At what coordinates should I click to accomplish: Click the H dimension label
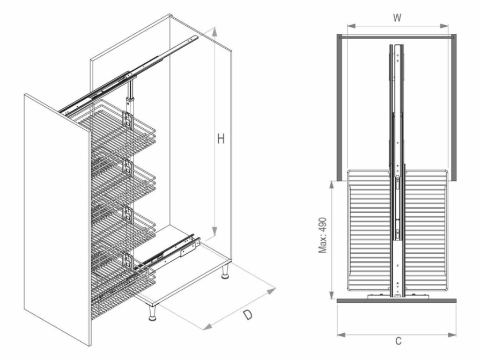click(220, 139)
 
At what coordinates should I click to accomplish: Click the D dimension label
click(247, 314)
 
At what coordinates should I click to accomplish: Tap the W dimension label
click(397, 18)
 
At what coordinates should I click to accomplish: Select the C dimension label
click(398, 341)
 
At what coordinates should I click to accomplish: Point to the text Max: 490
click(322, 236)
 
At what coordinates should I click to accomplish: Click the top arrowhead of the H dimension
click(214, 32)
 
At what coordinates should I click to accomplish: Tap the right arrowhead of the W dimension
click(443, 26)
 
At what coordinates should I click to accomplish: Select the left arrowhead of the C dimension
click(342, 334)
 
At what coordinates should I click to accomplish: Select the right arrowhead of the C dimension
click(452, 334)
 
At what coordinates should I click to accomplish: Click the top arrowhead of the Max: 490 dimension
click(331, 186)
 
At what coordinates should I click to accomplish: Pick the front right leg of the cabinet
click(225, 271)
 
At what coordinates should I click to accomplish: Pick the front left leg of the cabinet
click(152, 313)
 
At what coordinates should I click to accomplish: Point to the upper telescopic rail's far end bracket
click(193, 39)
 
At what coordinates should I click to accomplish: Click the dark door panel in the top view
click(397, 300)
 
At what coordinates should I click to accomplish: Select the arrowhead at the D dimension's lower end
click(208, 326)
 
